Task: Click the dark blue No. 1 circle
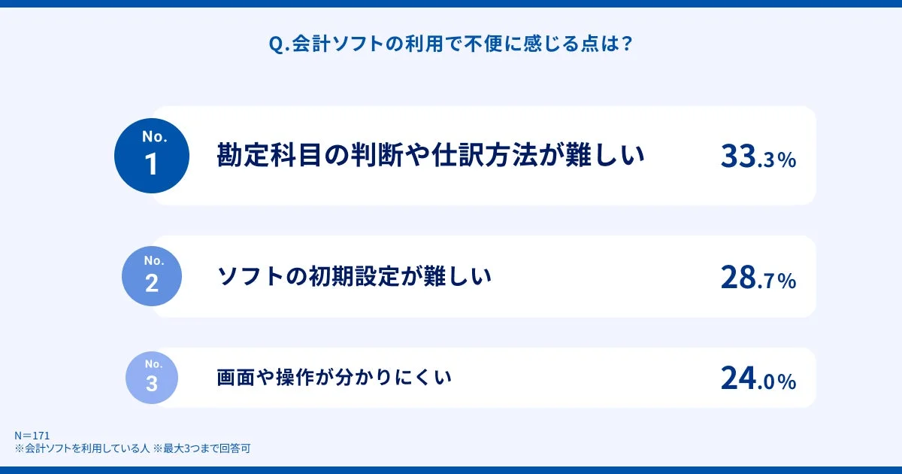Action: pyautogui.click(x=151, y=156)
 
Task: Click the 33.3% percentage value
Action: pyautogui.click(x=758, y=156)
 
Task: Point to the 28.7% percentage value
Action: pyautogui.click(x=758, y=278)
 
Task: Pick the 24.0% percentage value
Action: pyautogui.click(x=758, y=378)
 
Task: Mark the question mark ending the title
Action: pyautogui.click(x=627, y=44)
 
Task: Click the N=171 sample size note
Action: pyautogui.click(x=32, y=436)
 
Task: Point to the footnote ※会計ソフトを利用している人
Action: pyautogui.click(x=82, y=448)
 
